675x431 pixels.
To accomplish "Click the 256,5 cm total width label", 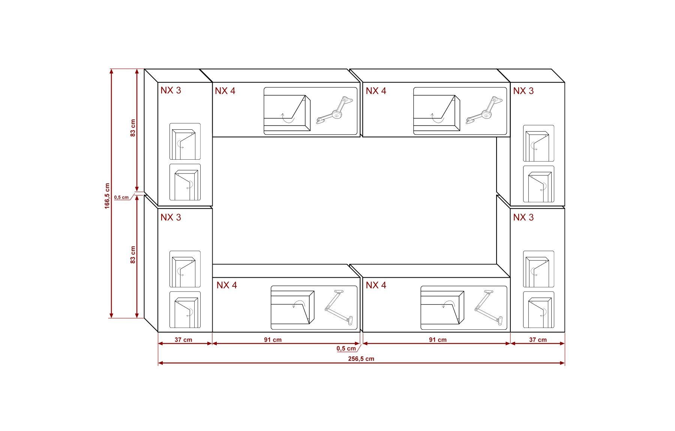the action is (361, 359).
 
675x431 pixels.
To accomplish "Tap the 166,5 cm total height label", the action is (108, 196).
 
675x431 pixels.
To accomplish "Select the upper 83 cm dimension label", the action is (133, 128).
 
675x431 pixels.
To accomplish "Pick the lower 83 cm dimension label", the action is (133, 255).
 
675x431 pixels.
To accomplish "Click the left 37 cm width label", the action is (183, 340).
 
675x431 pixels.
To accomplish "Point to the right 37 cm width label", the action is (538, 340).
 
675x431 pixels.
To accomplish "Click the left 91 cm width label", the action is (273, 340).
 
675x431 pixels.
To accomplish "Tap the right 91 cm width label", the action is (438, 340).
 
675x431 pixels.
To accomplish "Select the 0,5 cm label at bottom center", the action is (346, 349).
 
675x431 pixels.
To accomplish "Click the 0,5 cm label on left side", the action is (121, 197).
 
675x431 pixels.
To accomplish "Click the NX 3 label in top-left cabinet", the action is (171, 90).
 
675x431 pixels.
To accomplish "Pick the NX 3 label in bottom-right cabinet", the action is (523, 217).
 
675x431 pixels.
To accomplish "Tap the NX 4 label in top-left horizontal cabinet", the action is (225, 91).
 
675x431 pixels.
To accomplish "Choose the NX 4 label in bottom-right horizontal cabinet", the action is (376, 285).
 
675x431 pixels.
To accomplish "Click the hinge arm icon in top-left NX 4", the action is (334, 111).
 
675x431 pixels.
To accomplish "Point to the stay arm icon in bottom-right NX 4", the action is (489, 307).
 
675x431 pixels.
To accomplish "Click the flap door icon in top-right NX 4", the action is (437, 113).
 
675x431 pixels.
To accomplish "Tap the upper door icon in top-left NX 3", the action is (185, 141).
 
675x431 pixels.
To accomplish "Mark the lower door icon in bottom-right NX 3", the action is (538, 310).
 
